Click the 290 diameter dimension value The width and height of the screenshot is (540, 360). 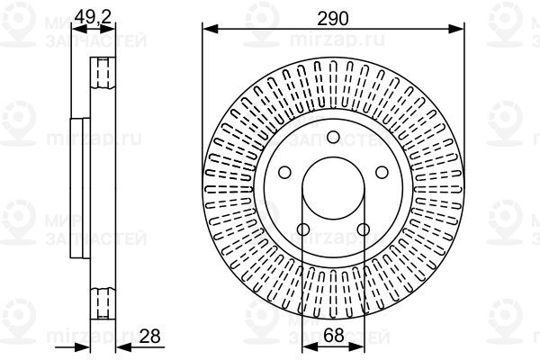coord(333,19)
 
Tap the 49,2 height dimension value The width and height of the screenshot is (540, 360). coord(93,16)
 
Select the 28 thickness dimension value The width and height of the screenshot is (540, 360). coord(149,336)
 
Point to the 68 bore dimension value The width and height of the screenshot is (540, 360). coord(334,335)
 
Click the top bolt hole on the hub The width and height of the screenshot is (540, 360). coord(333,137)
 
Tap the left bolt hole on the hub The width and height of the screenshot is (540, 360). coord(284,172)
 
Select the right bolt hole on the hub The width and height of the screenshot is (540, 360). coord(382,172)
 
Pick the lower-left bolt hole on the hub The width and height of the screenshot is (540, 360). coord(303,229)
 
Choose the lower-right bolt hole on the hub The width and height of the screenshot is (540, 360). coord(363,229)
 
